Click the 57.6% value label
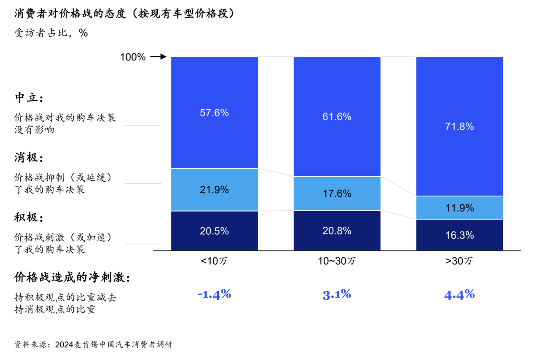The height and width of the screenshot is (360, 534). [x=214, y=113]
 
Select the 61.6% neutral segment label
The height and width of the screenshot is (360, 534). [x=337, y=117]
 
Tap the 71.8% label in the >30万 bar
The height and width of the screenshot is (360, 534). [x=459, y=126]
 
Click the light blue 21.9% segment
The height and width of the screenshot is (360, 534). [x=214, y=190]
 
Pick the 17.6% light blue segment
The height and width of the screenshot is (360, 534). [x=337, y=193]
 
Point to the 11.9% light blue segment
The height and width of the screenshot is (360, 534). [x=460, y=208]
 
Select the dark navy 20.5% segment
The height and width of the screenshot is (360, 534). [x=214, y=231]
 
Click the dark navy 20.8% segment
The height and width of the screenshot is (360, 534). [x=337, y=231]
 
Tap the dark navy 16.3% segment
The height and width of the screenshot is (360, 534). [x=460, y=235]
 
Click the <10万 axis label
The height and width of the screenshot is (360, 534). [x=214, y=261]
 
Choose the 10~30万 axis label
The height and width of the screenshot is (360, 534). [x=337, y=261]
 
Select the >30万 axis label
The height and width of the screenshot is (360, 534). [x=459, y=261]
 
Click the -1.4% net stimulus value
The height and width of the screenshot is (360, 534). [x=214, y=294]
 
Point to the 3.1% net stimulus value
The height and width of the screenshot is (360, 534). [x=337, y=294]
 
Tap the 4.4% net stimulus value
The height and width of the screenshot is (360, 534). [x=459, y=294]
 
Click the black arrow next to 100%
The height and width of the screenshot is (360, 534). [x=158, y=57]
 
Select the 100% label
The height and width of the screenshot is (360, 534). [x=133, y=57]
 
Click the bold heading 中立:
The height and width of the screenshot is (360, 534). [x=29, y=98]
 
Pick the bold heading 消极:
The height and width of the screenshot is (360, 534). [x=29, y=158]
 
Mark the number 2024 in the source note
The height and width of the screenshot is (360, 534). [x=64, y=344]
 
